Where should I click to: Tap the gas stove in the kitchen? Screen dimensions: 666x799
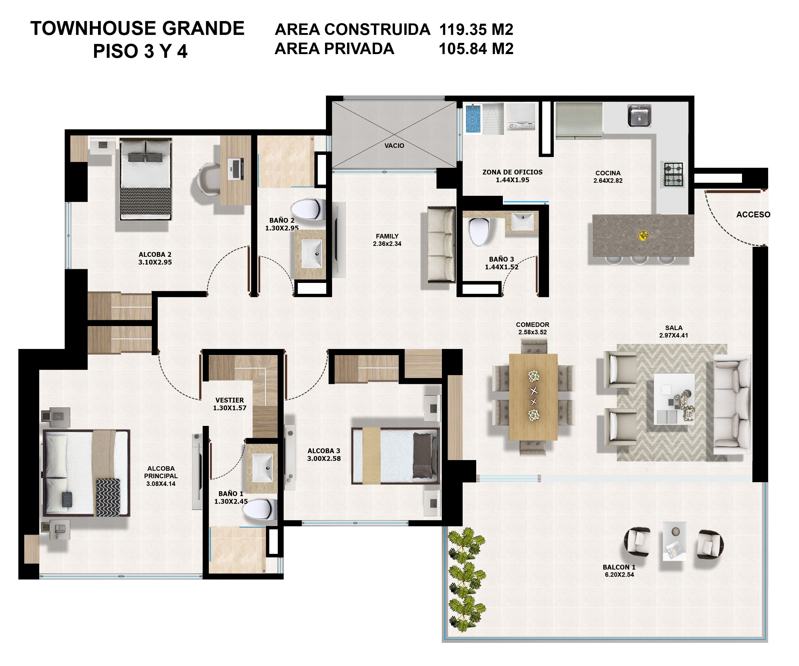673,174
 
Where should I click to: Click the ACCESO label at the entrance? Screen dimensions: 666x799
753,215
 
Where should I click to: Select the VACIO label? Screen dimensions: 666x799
394,145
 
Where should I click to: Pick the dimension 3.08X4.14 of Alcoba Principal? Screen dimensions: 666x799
161,484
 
